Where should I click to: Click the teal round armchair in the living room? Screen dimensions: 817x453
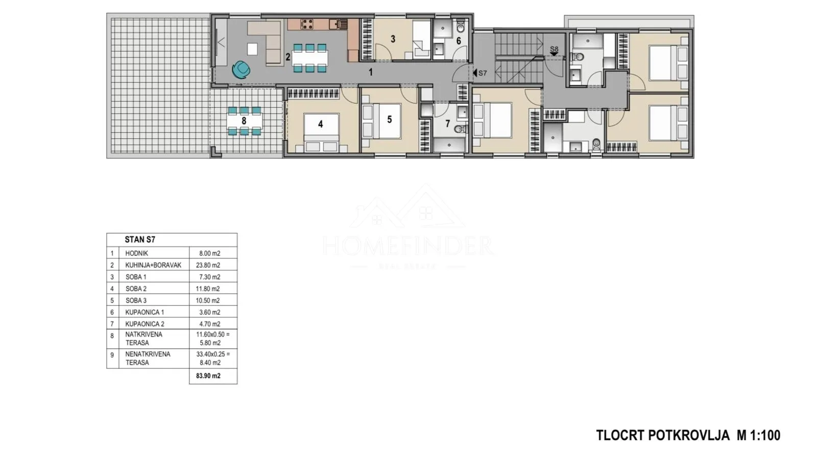241,69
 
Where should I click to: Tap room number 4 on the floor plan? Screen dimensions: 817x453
320,125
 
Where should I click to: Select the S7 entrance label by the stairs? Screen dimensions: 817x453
480,73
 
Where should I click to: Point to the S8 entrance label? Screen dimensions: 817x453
554,49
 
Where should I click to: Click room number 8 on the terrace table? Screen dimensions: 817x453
244,121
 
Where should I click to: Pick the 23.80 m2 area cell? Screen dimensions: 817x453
210,265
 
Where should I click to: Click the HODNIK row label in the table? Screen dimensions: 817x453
136,253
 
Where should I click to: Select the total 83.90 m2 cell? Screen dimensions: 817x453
208,376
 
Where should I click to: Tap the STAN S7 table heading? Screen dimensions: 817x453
140,240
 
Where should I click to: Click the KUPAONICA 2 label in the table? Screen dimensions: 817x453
145,324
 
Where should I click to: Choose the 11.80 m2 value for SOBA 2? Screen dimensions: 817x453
209,289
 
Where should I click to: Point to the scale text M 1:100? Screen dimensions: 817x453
758,436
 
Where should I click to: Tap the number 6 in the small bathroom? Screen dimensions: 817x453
459,41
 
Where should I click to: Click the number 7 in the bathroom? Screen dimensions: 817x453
447,124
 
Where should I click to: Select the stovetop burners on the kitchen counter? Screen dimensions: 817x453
307,24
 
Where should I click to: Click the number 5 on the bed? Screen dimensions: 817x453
390,120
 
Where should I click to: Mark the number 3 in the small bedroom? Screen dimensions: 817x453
393,39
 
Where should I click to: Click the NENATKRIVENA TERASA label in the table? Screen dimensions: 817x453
148,359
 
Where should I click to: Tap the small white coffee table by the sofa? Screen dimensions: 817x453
252,49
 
